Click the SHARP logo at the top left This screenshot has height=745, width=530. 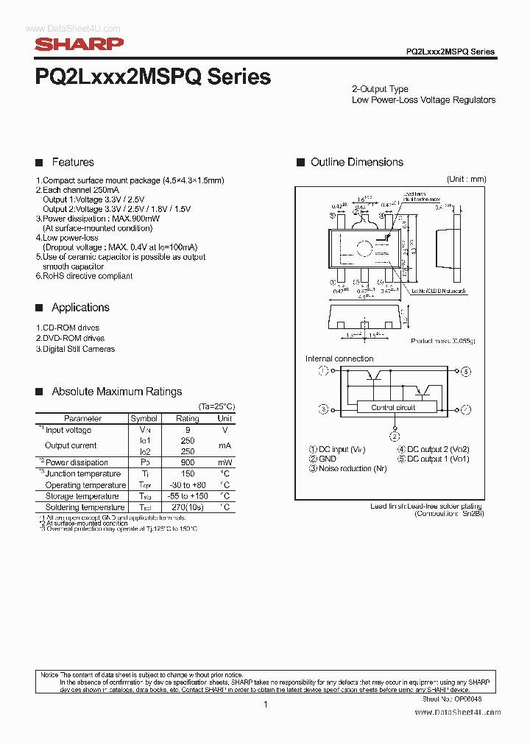[79, 44]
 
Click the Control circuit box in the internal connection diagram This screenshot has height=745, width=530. [393, 407]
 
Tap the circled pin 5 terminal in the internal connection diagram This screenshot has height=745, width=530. [466, 372]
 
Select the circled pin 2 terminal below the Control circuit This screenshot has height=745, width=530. [395, 437]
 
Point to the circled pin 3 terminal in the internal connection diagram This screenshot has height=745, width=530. [323, 408]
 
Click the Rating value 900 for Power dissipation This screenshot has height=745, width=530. [187, 462]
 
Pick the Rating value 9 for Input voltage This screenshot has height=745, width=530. [187, 430]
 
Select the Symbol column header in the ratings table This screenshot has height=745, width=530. [144, 418]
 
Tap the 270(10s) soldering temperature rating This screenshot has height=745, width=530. [187, 507]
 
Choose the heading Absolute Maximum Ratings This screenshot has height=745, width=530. [116, 392]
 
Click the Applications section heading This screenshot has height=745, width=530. [80, 308]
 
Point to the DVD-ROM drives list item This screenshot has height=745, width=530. [70, 338]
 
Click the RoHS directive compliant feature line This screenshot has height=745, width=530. [85, 276]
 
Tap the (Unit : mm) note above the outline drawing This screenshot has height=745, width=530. [466, 179]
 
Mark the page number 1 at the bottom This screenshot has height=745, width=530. [265, 705]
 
